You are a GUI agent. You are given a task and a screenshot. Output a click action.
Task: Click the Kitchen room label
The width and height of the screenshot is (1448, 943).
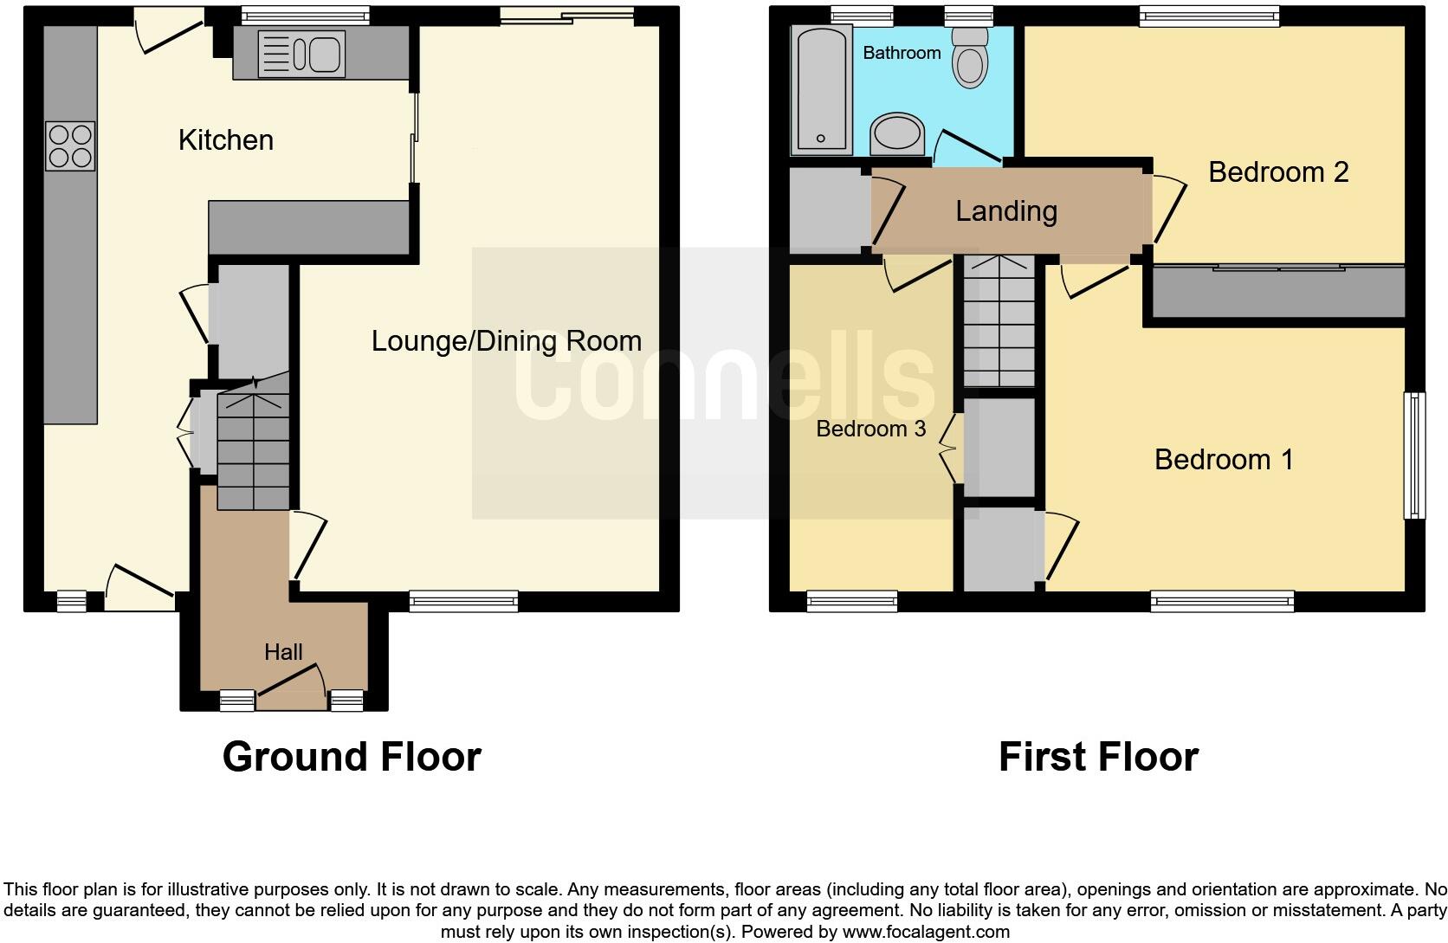[x=225, y=139]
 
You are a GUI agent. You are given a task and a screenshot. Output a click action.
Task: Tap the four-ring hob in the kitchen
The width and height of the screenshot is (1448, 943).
[x=69, y=145]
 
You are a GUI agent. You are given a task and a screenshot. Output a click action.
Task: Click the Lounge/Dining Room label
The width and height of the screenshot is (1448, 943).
[x=507, y=341]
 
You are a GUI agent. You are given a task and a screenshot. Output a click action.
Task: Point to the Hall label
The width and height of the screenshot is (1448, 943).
[x=283, y=652]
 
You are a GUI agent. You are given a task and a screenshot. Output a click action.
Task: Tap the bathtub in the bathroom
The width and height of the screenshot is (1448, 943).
[x=819, y=90]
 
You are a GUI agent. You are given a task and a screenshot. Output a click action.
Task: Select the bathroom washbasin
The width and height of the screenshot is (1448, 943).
[x=898, y=134]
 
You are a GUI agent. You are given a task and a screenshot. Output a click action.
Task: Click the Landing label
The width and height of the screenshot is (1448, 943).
[x=1006, y=211]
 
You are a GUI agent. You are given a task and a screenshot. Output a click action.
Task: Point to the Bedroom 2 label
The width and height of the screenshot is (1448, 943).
[x=1278, y=172]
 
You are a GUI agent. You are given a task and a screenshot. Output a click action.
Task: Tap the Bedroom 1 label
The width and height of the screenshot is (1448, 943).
[x=1224, y=459]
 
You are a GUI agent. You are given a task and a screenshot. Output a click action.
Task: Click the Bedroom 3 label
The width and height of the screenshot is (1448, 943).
[x=870, y=429]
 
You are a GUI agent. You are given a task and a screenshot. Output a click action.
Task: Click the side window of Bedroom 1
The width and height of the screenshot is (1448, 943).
[x=1413, y=455]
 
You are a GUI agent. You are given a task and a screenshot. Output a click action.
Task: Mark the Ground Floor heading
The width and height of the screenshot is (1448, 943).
[x=352, y=757]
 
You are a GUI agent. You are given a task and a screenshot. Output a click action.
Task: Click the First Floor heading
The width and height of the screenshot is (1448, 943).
[x=1098, y=757]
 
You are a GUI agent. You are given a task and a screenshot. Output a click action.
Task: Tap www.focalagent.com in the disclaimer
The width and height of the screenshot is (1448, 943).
[x=925, y=933]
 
